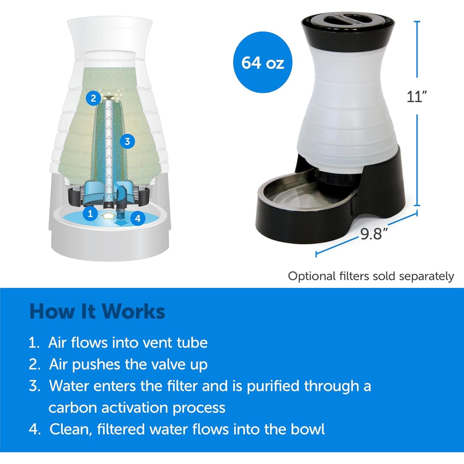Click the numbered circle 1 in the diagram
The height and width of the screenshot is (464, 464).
[x=90, y=213]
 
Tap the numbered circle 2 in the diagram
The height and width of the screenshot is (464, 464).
[x=93, y=98]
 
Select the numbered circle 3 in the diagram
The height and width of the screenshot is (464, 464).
[x=127, y=141]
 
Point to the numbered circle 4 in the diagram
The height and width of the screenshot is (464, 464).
[x=138, y=219]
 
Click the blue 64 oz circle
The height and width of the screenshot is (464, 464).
[x=263, y=63]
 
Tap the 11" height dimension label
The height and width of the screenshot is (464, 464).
[x=416, y=97]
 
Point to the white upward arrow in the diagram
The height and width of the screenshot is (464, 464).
[x=107, y=216]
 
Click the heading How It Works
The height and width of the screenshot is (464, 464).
[x=97, y=311]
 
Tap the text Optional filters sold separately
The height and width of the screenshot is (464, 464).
[x=371, y=276]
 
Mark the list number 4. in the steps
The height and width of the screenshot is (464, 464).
[x=35, y=429]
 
